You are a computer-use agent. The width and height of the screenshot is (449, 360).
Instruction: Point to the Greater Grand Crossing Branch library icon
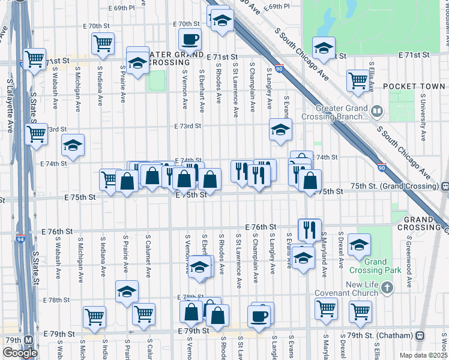pyautogui.click(x=376, y=110)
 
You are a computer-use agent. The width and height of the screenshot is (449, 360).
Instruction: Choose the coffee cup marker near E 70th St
pyautogui.click(x=190, y=40)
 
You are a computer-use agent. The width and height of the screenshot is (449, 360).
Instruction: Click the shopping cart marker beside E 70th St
pyautogui.click(x=103, y=43)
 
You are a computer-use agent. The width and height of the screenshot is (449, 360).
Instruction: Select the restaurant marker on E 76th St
pyautogui.click(x=310, y=229)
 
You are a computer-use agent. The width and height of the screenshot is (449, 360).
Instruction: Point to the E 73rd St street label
pyautogui.click(x=187, y=126)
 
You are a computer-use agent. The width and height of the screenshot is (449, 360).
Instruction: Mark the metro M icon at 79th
pyautogui.click(x=28, y=340)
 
